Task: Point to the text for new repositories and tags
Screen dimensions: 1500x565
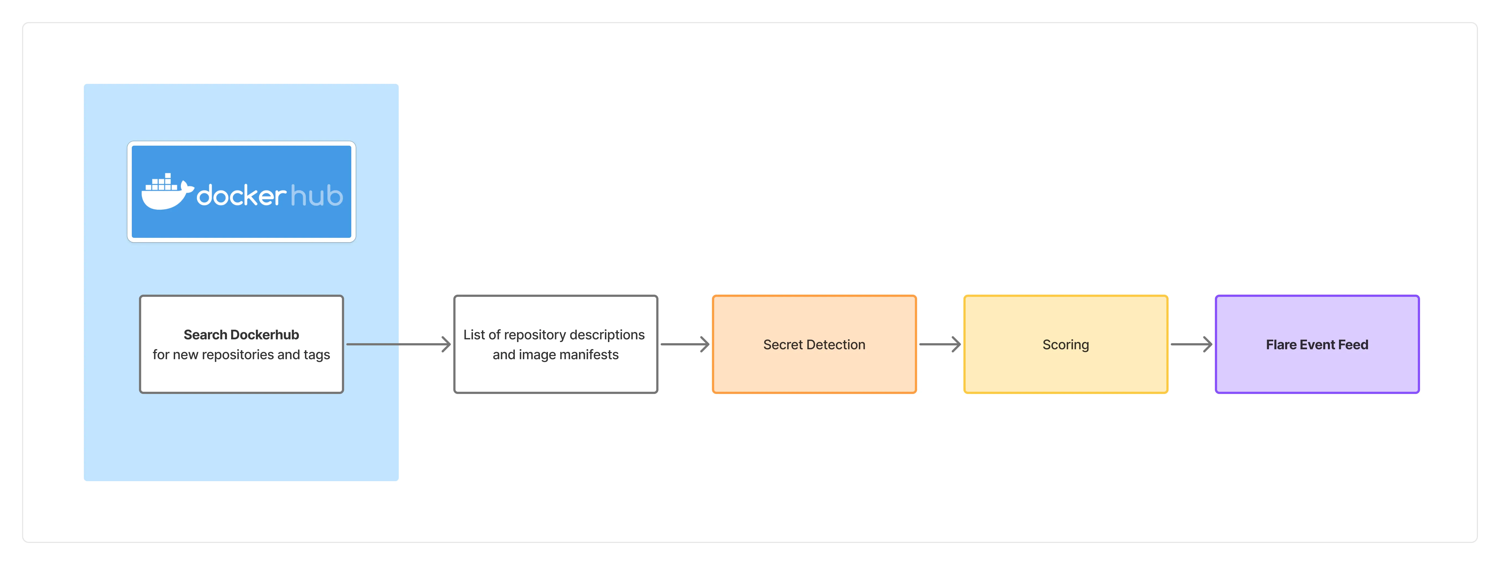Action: click(x=241, y=355)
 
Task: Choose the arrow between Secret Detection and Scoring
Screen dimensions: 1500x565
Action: click(x=940, y=344)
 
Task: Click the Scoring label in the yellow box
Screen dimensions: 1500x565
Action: click(x=1066, y=345)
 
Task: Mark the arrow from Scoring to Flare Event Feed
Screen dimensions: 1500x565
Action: click(x=1191, y=344)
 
